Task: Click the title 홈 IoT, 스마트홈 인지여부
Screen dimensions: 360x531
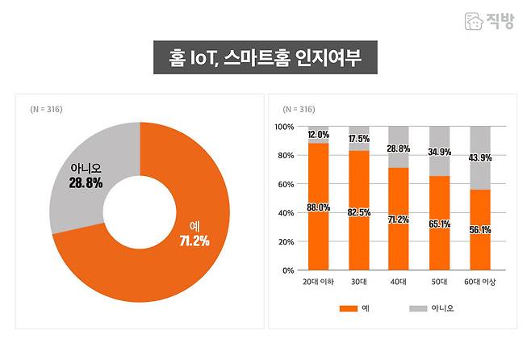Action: pos(265,59)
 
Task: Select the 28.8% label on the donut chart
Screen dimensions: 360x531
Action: pos(86,183)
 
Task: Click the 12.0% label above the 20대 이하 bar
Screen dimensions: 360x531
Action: pos(318,135)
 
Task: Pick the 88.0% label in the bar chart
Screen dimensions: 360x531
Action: pos(318,207)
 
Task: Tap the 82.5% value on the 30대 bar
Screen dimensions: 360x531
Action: pos(359,211)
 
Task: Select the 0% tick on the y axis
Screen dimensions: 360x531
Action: pos(287,270)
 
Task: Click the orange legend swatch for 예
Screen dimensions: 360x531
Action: pos(348,308)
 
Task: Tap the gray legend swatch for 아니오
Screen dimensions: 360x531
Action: pos(418,308)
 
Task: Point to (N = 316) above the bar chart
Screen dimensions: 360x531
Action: pos(299,109)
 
